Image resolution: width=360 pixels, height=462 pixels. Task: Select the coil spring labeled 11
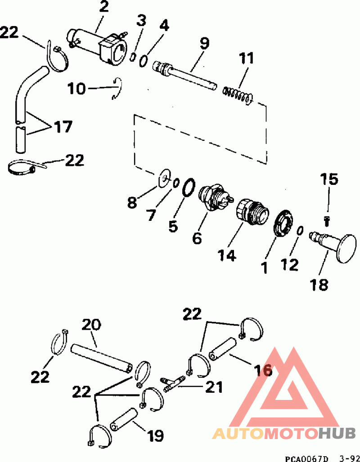238,95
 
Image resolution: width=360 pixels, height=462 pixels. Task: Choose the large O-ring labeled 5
189,187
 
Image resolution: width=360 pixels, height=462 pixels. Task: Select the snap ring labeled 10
117,88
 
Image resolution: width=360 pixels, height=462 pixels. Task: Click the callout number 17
63,127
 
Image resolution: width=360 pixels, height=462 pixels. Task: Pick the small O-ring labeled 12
300,230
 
